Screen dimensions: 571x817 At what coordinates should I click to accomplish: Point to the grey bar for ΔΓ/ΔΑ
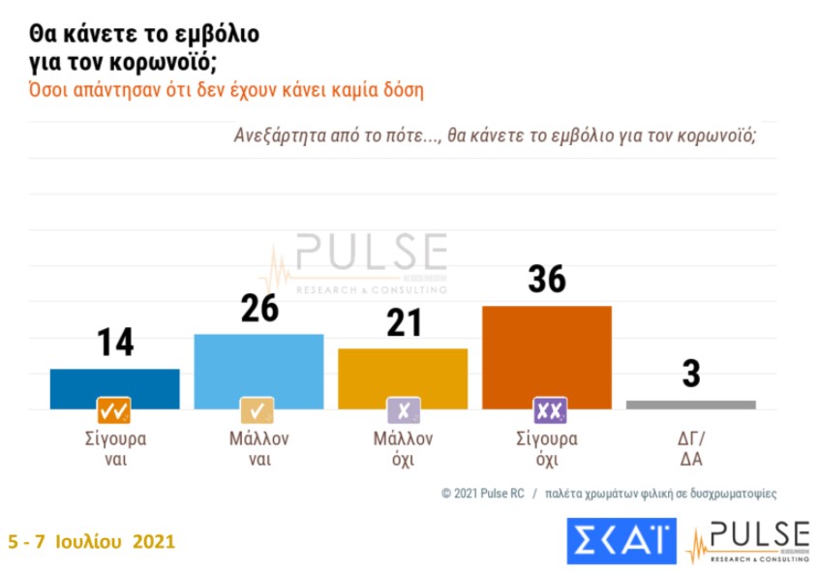690,405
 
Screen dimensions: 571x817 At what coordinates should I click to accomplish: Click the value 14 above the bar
115,343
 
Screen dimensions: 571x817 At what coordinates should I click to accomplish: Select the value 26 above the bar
258,308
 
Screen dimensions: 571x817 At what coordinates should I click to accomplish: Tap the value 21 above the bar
403,322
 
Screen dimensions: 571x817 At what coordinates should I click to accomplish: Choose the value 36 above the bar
547,279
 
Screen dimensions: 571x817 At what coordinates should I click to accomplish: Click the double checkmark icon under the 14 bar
114,410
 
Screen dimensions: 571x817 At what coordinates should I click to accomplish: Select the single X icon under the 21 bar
403,410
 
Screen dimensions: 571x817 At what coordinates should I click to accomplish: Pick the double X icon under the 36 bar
548,410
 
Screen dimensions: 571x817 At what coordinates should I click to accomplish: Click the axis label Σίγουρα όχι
548,449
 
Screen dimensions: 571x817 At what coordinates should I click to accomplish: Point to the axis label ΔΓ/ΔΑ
690,449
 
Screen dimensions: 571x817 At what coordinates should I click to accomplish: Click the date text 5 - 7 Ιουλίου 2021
92,541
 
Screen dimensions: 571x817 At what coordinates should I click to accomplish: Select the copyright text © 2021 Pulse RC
482,493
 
